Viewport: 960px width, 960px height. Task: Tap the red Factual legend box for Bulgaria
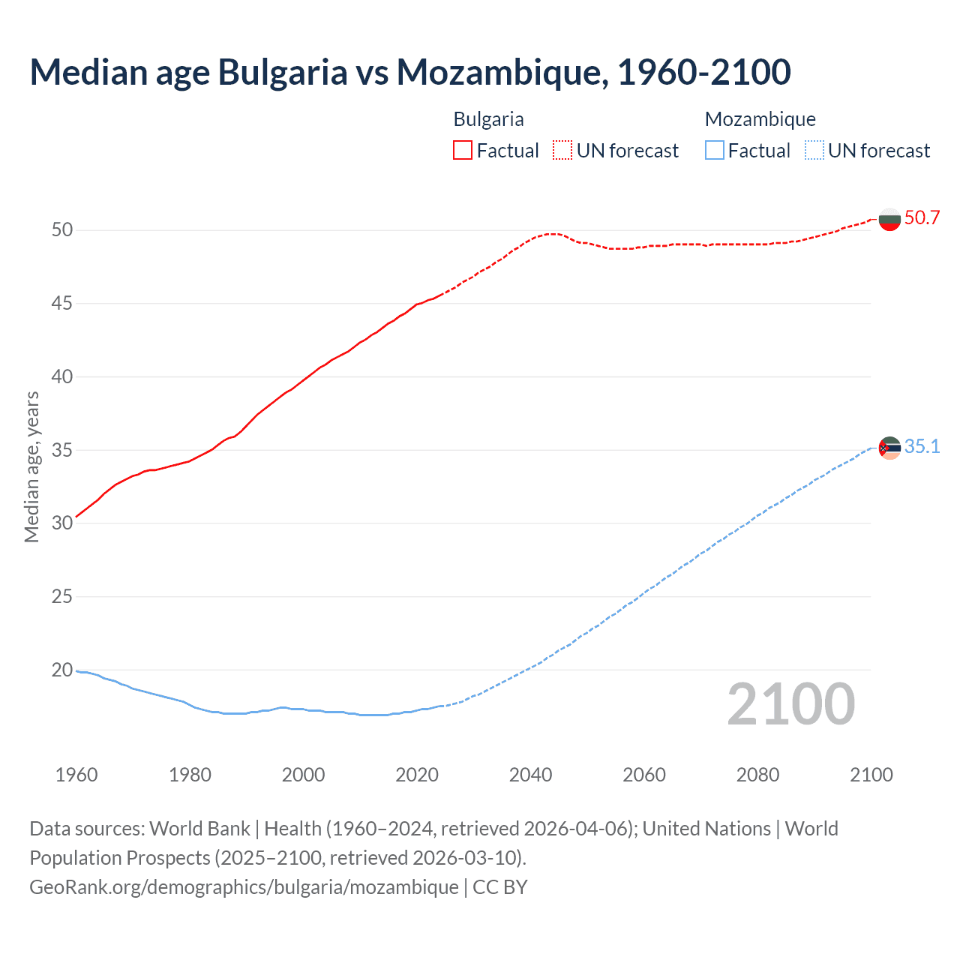463,150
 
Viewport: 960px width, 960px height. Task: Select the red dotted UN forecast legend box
562,150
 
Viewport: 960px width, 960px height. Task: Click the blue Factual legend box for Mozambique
715,150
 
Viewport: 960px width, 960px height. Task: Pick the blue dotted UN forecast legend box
814,150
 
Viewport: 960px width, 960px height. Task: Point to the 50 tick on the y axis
62,229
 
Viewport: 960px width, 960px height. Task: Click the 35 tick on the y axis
62,450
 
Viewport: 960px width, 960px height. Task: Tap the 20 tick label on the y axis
62,670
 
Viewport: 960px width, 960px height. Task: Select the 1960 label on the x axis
76,775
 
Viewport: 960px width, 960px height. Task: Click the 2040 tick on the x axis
530,775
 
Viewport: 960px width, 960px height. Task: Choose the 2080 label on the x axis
757,775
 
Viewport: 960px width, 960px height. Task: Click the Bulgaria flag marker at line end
889,219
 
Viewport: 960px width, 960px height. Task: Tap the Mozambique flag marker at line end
889,448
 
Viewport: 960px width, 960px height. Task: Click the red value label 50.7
922,218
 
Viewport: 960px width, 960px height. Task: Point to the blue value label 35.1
922,447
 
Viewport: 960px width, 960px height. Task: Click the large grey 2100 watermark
790,704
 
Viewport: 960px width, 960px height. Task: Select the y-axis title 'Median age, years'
31,466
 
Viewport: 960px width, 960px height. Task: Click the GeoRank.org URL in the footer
244,886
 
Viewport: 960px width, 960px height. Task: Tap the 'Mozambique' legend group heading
760,119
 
